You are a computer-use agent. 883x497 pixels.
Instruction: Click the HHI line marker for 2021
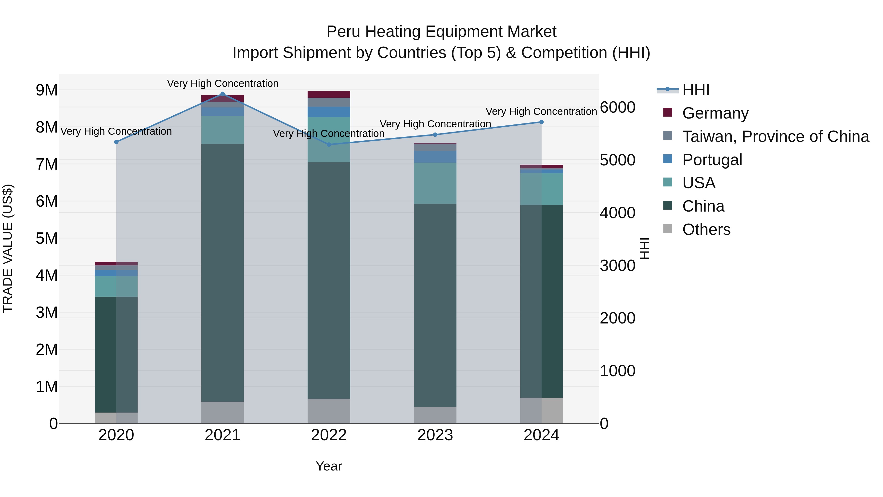pyautogui.click(x=222, y=94)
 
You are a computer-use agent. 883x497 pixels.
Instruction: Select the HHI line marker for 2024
pyautogui.click(x=542, y=122)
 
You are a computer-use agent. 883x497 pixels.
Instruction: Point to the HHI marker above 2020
pyautogui.click(x=116, y=142)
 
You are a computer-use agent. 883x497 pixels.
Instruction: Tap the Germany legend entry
pyautogui.click(x=715, y=113)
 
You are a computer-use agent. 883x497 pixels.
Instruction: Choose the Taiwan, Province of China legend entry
pyautogui.click(x=775, y=136)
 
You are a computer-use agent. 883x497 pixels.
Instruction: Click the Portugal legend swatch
pyautogui.click(x=668, y=159)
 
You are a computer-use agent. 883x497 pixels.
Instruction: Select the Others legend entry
pyautogui.click(x=706, y=229)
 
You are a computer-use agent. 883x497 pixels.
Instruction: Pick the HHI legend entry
pyautogui.click(x=696, y=90)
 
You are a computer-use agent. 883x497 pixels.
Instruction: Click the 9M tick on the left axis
pyautogui.click(x=47, y=90)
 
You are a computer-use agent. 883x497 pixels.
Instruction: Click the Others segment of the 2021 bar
pyautogui.click(x=222, y=412)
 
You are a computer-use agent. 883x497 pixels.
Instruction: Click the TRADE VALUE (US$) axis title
pyautogui.click(x=8, y=248)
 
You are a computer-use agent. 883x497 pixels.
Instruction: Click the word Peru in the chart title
pyautogui.click(x=343, y=32)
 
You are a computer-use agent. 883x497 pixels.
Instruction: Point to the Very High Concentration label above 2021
pyautogui.click(x=223, y=84)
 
